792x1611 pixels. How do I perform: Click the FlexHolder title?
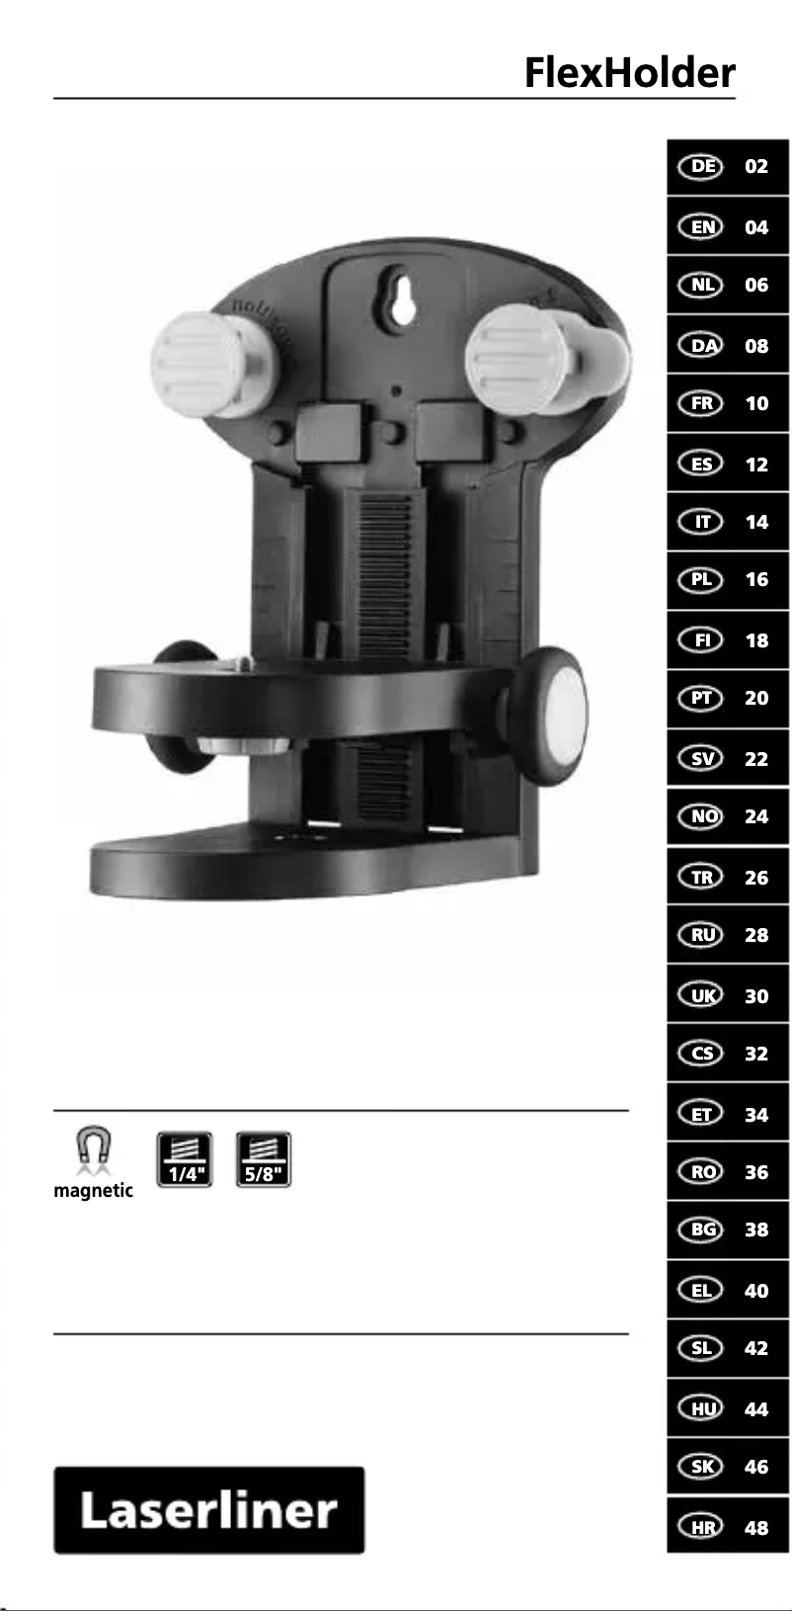[630, 72]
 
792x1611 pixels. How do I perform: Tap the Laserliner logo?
[209, 1509]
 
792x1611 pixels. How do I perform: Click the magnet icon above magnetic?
[94, 1150]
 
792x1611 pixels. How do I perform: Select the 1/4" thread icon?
[185, 1159]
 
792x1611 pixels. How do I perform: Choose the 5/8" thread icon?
[264, 1159]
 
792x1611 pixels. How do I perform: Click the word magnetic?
[94, 1191]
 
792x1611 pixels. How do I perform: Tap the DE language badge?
[701, 167]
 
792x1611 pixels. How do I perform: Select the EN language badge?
[701, 227]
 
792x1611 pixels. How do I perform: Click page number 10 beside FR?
[756, 403]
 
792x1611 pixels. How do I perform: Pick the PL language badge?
[701, 580]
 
